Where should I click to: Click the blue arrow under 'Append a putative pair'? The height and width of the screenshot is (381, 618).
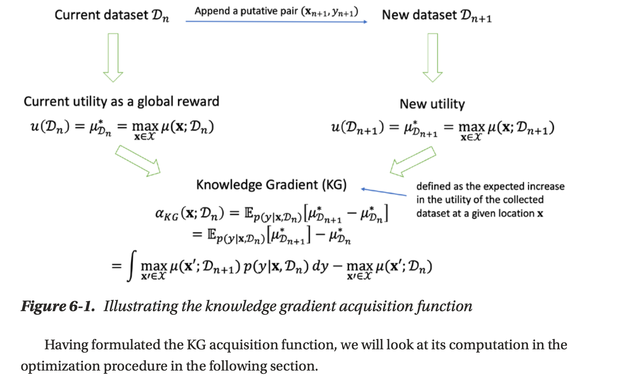pos(276,22)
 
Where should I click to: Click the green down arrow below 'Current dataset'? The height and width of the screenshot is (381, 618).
pos(113,58)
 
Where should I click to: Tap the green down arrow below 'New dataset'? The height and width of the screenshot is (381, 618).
pos(433,58)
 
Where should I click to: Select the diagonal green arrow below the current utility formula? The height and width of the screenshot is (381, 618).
pos(138,161)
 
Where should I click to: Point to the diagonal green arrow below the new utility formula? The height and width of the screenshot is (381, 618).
pos(413,161)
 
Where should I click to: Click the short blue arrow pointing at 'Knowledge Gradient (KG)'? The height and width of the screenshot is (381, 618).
pos(384,192)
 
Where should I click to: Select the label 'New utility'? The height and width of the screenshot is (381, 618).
pos(432,104)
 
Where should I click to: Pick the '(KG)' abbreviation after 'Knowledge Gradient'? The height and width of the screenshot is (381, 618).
pos(334,185)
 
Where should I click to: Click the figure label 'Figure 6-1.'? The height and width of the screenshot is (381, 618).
pos(58,306)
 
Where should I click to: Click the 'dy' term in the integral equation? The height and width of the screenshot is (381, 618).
pos(320,266)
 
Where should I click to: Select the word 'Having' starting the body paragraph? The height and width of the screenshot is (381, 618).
pos(66,345)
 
